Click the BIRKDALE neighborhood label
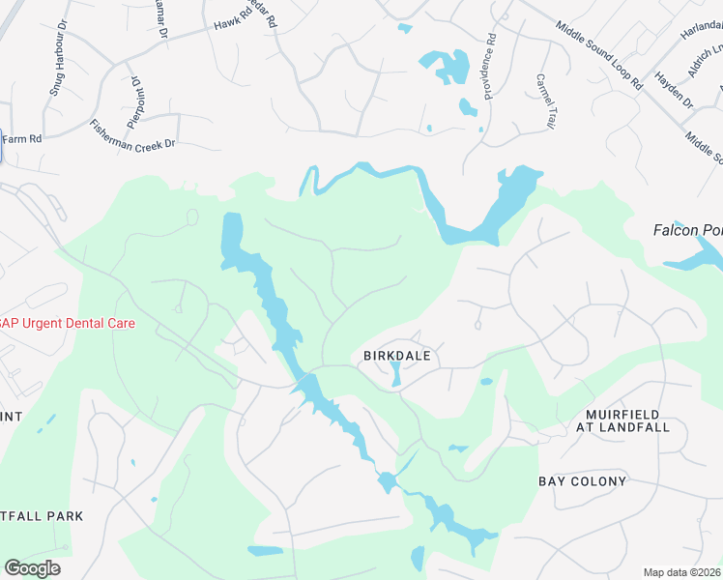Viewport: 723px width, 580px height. point(396,356)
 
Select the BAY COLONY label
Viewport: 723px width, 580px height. point(582,481)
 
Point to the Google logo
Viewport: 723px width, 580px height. point(32,568)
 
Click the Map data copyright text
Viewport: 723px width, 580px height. point(682,572)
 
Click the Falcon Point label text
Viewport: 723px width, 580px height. point(687,230)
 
